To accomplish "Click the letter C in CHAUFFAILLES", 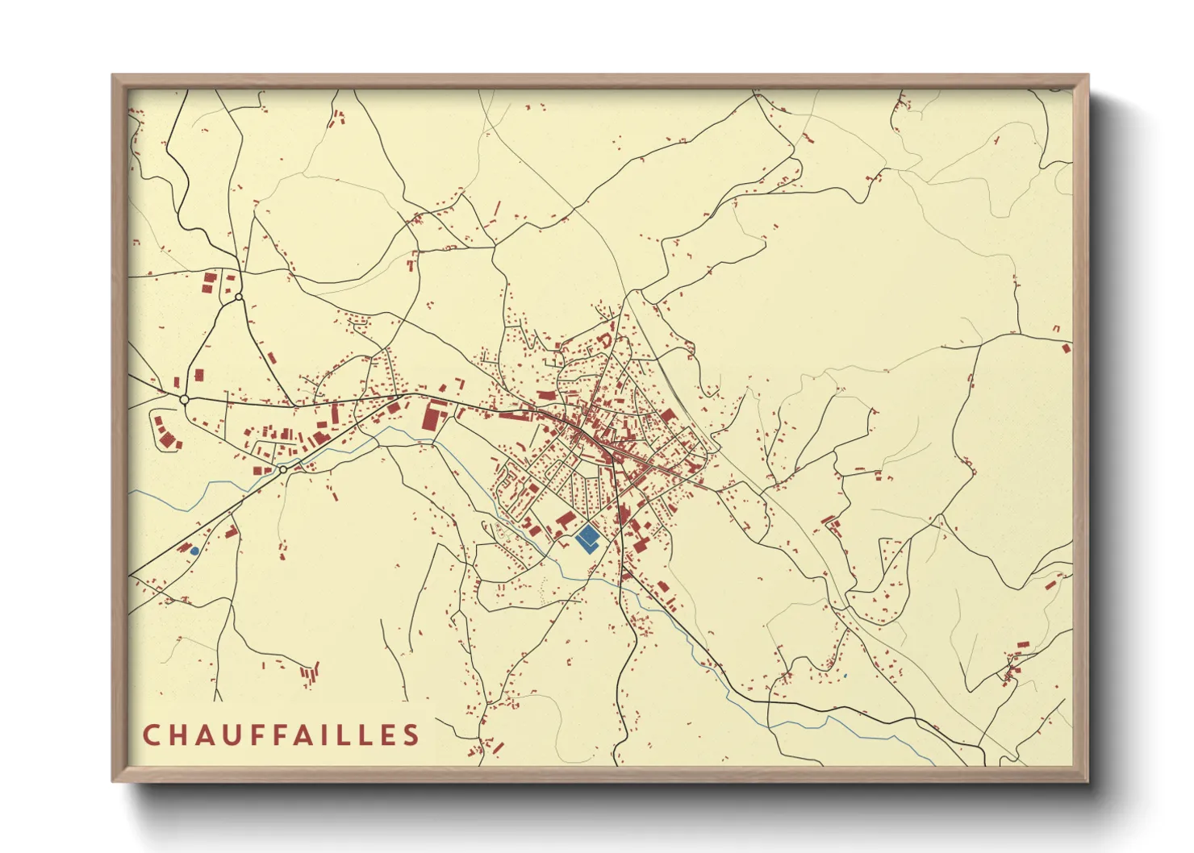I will click(152, 735).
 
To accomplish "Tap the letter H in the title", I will click(180, 735).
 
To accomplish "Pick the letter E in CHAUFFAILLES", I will click(390, 735).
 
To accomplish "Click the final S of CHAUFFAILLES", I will click(412, 735).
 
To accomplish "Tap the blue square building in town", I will click(587, 537).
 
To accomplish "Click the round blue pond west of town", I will click(194, 551).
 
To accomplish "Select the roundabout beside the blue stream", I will click(283, 469).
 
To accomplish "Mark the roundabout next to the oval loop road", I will click(185, 399).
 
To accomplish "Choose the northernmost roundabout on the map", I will click(239, 298).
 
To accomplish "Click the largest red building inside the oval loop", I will click(167, 439).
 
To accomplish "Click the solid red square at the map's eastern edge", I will click(1067, 348).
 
